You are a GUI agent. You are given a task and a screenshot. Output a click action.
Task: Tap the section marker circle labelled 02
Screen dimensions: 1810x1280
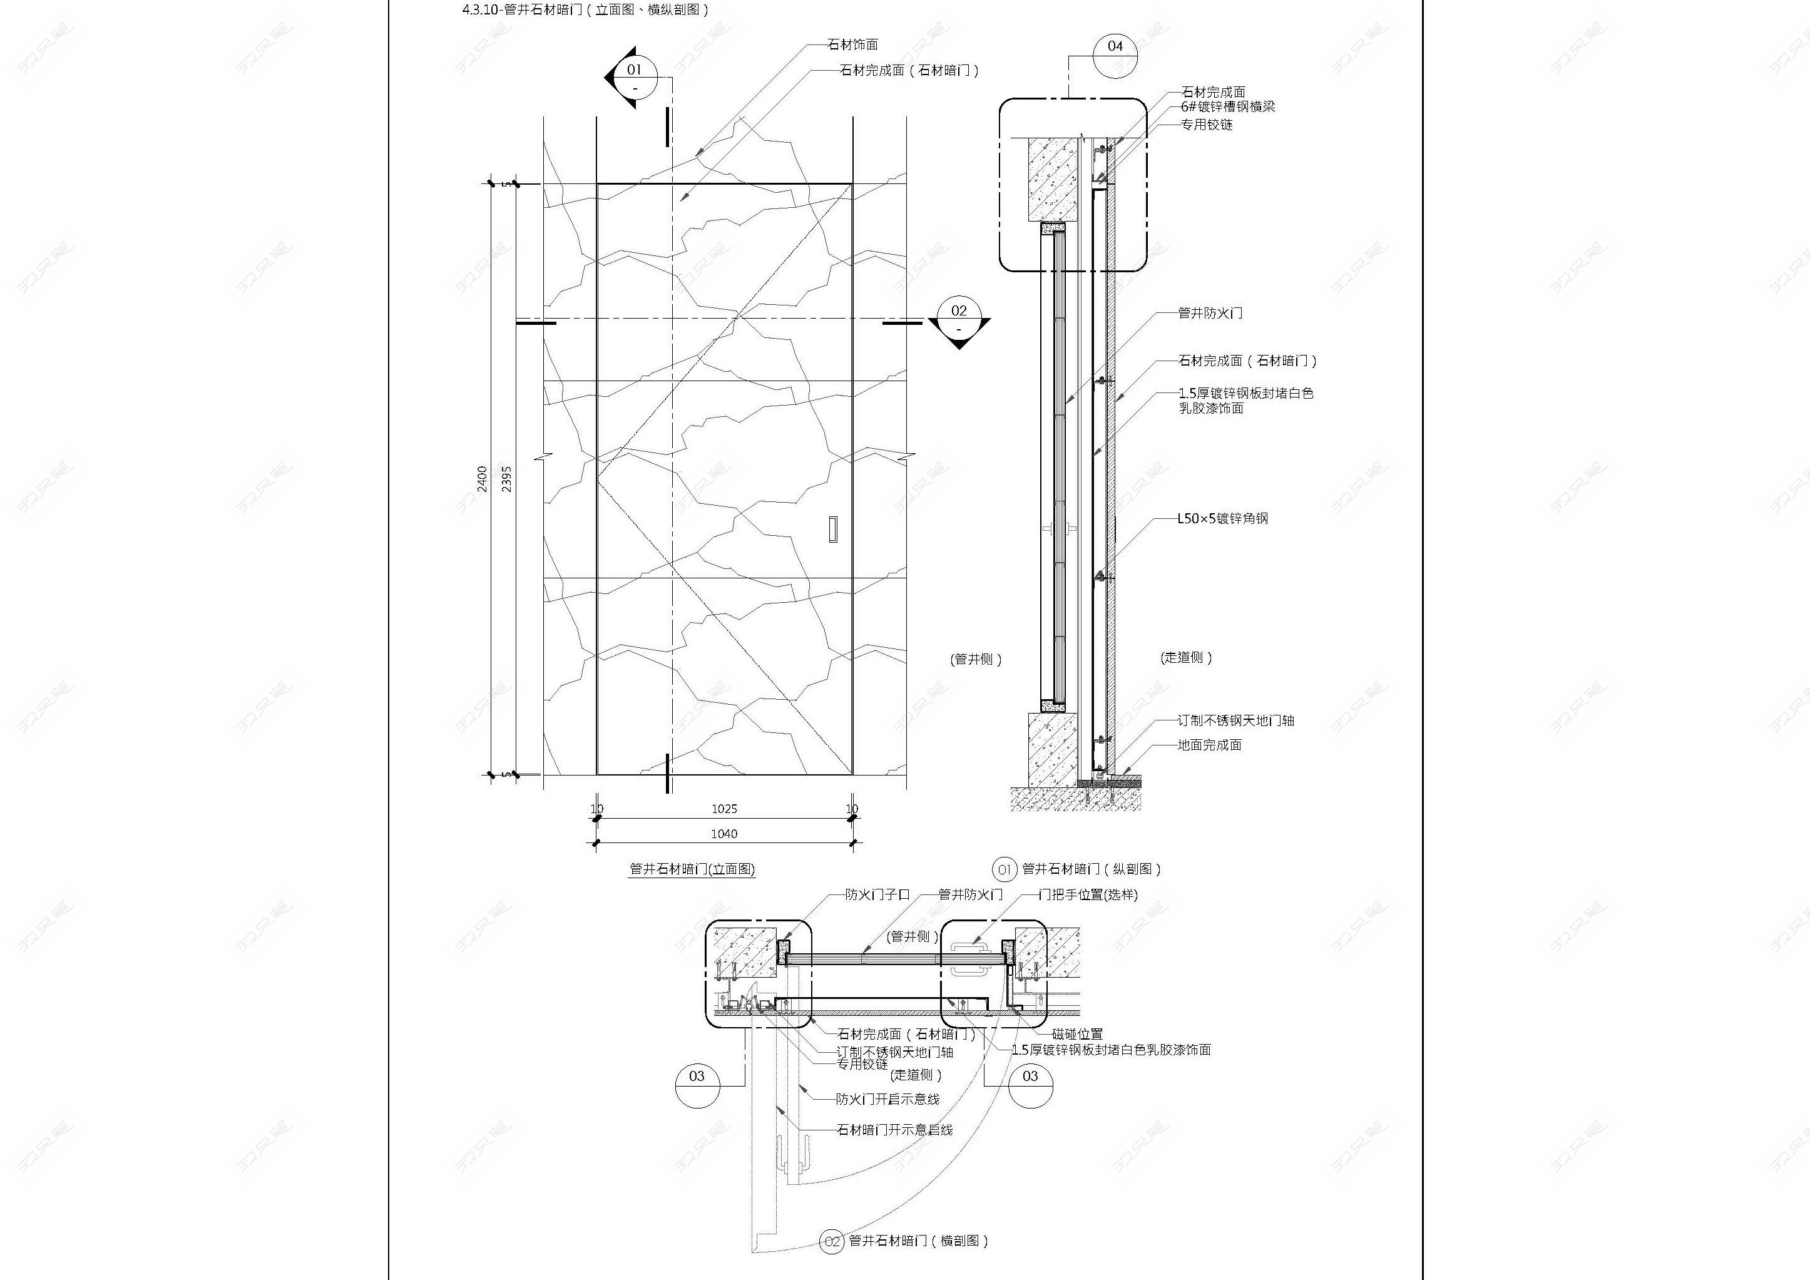click(x=959, y=319)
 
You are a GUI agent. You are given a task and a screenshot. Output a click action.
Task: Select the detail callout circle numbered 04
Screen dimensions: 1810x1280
click(x=1115, y=55)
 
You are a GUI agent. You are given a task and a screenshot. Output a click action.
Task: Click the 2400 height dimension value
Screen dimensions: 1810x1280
click(x=483, y=478)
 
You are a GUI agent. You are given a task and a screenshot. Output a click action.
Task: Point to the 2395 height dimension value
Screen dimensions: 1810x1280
click(x=506, y=478)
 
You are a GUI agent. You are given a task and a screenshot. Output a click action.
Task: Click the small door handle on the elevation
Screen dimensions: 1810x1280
click(x=832, y=529)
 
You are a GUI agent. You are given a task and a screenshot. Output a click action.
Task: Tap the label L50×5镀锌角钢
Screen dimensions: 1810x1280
click(x=1223, y=519)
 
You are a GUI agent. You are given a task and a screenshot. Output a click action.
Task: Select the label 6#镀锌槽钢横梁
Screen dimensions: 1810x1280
click(x=1227, y=106)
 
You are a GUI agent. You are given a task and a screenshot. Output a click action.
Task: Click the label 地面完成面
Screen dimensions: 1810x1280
click(x=1209, y=745)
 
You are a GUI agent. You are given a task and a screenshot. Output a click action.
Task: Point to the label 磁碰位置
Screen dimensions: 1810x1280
click(x=1077, y=1034)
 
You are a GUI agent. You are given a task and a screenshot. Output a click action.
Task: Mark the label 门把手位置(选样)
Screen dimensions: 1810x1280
click(x=1088, y=894)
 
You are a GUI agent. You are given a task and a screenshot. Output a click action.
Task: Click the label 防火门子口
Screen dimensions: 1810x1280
click(x=877, y=894)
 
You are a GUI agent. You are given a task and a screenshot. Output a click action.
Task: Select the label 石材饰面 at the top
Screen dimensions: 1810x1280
click(x=852, y=45)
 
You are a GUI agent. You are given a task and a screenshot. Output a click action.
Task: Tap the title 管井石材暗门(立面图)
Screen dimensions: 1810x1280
click(x=692, y=869)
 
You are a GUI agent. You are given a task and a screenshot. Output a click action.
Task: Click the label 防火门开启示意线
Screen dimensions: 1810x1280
click(x=887, y=1098)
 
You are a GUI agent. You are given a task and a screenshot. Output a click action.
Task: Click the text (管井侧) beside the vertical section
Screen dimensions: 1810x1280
click(x=976, y=659)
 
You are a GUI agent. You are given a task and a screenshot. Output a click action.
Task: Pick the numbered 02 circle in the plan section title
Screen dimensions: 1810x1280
click(x=832, y=1241)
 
